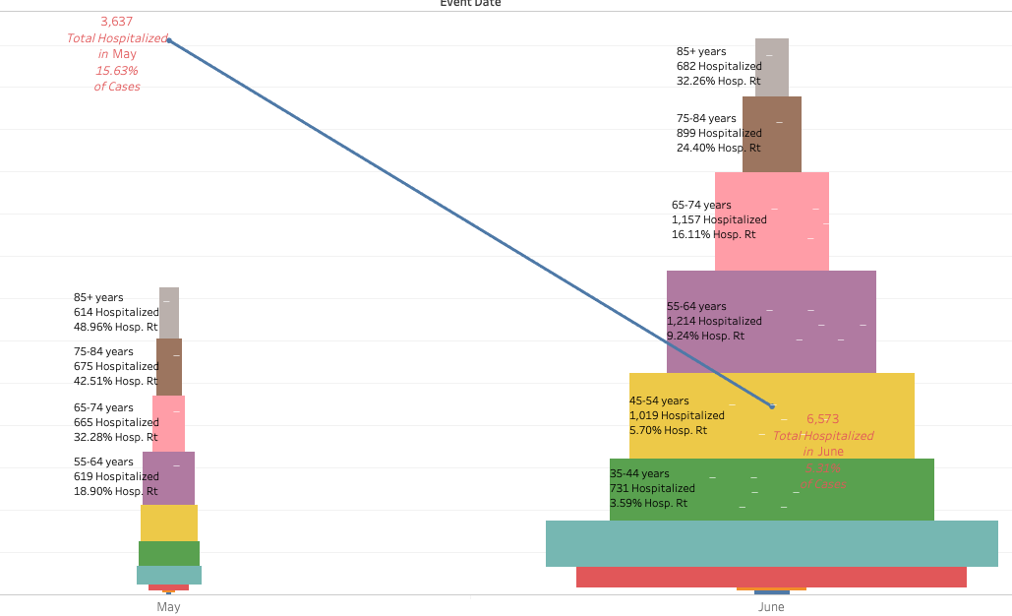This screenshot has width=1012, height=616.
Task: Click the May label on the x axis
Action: click(168, 607)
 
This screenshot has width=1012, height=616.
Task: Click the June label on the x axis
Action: click(771, 607)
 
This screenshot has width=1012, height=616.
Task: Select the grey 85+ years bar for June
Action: click(772, 67)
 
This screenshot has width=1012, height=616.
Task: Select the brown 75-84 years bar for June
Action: click(772, 134)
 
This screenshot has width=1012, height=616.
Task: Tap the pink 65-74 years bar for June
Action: click(772, 221)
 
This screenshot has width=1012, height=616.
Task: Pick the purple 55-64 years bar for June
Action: click(771, 322)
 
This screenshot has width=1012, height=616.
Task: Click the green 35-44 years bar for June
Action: click(771, 489)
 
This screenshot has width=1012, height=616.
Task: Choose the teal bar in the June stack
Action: click(771, 543)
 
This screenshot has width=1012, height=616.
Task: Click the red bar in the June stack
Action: click(771, 577)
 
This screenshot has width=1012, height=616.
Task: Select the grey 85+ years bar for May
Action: click(169, 313)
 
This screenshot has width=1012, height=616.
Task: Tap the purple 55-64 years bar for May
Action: click(169, 478)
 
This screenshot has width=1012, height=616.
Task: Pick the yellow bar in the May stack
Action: click(169, 523)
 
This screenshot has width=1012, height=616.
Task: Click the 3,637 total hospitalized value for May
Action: click(116, 21)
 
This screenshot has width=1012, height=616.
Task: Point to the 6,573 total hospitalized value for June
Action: click(822, 418)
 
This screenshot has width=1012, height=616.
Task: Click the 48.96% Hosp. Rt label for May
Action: click(116, 327)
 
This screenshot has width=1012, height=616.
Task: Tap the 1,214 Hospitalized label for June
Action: click(714, 321)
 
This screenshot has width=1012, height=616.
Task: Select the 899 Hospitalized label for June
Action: click(719, 133)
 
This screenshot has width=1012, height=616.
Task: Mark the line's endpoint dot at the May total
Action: click(168, 40)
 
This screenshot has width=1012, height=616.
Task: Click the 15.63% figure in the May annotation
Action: click(116, 71)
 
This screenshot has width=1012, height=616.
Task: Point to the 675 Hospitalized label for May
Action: click(116, 366)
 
